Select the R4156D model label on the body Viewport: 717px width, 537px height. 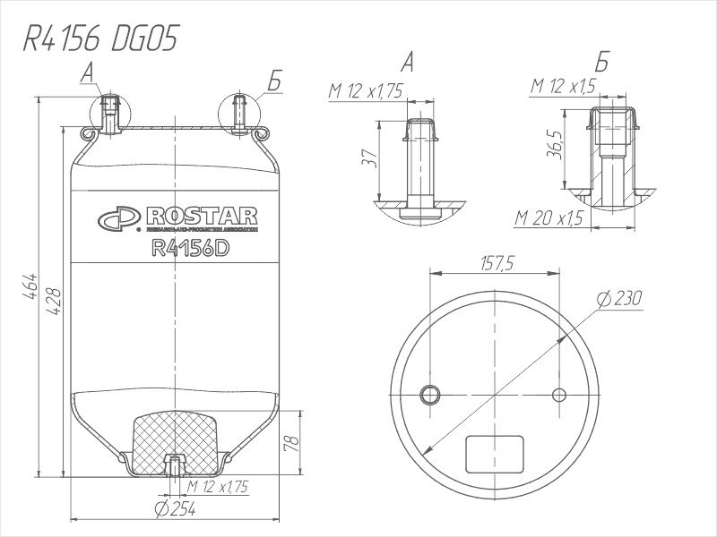click(x=186, y=249)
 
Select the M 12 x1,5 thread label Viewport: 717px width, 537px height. click(x=563, y=86)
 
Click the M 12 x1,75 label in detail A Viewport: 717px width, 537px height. click(x=366, y=91)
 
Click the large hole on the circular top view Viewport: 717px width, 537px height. click(x=431, y=395)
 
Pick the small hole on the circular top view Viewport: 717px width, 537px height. click(x=560, y=395)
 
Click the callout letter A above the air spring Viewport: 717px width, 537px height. click(x=88, y=72)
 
